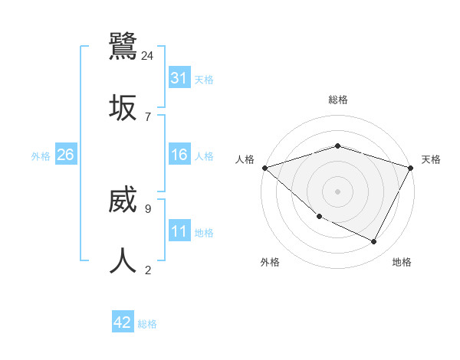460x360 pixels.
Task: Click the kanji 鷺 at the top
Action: [123, 47]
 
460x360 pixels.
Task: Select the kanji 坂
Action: [123, 106]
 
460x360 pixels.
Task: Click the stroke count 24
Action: [148, 55]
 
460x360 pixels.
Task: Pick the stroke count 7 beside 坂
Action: [147, 116]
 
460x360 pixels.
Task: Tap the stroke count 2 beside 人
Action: [147, 270]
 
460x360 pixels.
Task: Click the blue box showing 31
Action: [179, 78]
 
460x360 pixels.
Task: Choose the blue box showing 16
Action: [179, 155]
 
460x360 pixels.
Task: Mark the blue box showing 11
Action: [179, 231]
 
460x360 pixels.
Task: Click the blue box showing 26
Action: [65, 155]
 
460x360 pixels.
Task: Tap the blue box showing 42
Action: [123, 322]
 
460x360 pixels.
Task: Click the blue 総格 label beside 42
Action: [147, 324]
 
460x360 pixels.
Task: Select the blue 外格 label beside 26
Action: [41, 155]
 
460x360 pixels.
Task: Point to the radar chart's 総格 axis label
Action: [337, 100]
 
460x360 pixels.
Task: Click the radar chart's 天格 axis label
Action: [431, 159]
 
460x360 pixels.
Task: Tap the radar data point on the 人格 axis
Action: [264, 167]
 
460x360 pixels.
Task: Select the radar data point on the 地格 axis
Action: [374, 242]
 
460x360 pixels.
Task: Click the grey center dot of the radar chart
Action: [337, 191]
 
